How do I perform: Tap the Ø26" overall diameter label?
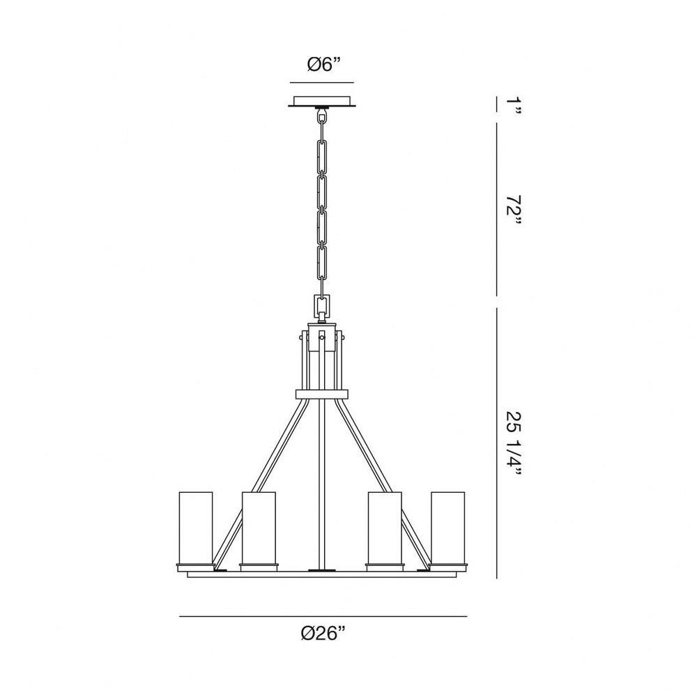coord(323,633)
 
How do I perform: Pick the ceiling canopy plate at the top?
coord(322,101)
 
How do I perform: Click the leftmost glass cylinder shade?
coord(196,527)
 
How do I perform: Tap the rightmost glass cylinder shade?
coord(447,527)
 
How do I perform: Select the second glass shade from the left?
coord(259,527)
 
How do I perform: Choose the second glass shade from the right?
coord(385,527)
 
